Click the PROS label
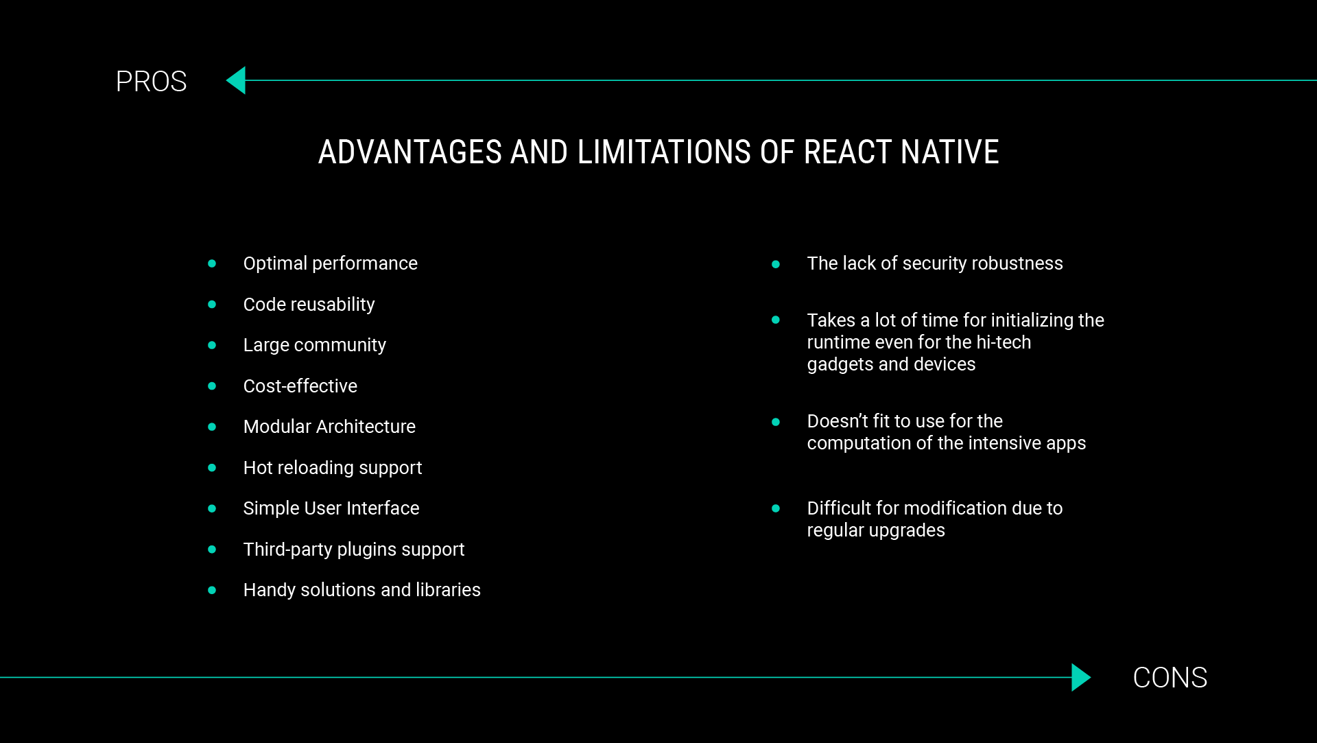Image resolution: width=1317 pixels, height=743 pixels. coord(151,82)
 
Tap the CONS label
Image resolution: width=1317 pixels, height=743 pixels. coord(1170,678)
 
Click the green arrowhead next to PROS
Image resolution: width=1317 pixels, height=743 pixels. coord(236,80)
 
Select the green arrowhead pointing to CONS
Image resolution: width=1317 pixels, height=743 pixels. coord(1081,677)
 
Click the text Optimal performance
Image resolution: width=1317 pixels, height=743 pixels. coord(330,263)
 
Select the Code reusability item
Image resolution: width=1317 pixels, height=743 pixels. coord(309,305)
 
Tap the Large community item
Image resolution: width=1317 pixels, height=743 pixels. coord(314,345)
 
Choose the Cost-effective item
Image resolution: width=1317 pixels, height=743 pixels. coord(300,386)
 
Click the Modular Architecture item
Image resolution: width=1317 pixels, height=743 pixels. coord(329,427)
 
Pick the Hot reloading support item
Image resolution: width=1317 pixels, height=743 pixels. coord(333,468)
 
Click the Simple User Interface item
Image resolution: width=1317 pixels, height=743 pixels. coord(331,508)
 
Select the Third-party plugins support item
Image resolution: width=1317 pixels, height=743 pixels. coord(354,550)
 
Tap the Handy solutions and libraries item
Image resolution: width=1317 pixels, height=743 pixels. coord(361,590)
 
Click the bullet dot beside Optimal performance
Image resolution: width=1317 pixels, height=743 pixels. coord(212,263)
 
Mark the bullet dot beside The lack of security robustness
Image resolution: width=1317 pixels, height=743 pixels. coord(776,264)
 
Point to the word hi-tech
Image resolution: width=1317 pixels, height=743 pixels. coord(1004,342)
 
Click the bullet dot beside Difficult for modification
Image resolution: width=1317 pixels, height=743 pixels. coord(776,508)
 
